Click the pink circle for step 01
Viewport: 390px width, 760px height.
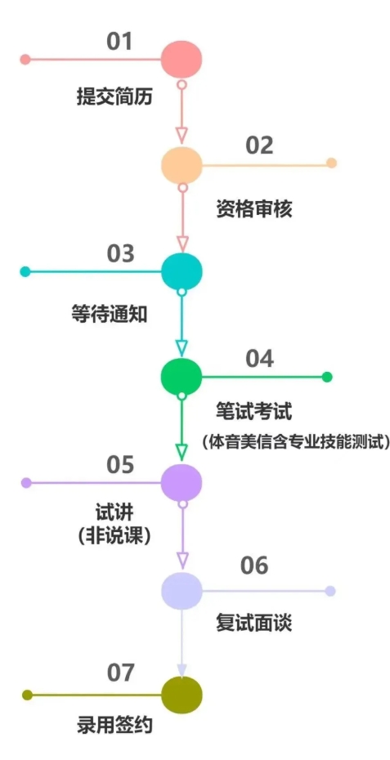click(181, 59)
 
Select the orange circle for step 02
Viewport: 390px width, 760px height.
click(182, 165)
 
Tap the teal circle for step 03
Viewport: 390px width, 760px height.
click(182, 271)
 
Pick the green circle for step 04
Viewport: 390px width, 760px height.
click(182, 377)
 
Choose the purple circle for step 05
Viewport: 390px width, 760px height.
click(181, 483)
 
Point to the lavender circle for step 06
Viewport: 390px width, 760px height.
click(182, 591)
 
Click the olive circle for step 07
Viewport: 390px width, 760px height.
click(182, 695)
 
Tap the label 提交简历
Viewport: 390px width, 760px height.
click(115, 97)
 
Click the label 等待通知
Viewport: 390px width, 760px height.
click(109, 315)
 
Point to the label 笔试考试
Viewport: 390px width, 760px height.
click(254, 413)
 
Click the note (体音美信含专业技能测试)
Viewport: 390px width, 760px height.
click(296, 442)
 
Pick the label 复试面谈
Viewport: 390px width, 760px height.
click(254, 624)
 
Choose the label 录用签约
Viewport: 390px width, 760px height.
click(115, 726)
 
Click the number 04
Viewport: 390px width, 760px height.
click(259, 359)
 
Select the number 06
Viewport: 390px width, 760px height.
click(253, 566)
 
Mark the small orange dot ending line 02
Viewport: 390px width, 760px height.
click(332, 163)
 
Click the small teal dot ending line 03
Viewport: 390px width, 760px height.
click(25, 272)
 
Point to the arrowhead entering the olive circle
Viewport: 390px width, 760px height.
click(182, 671)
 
